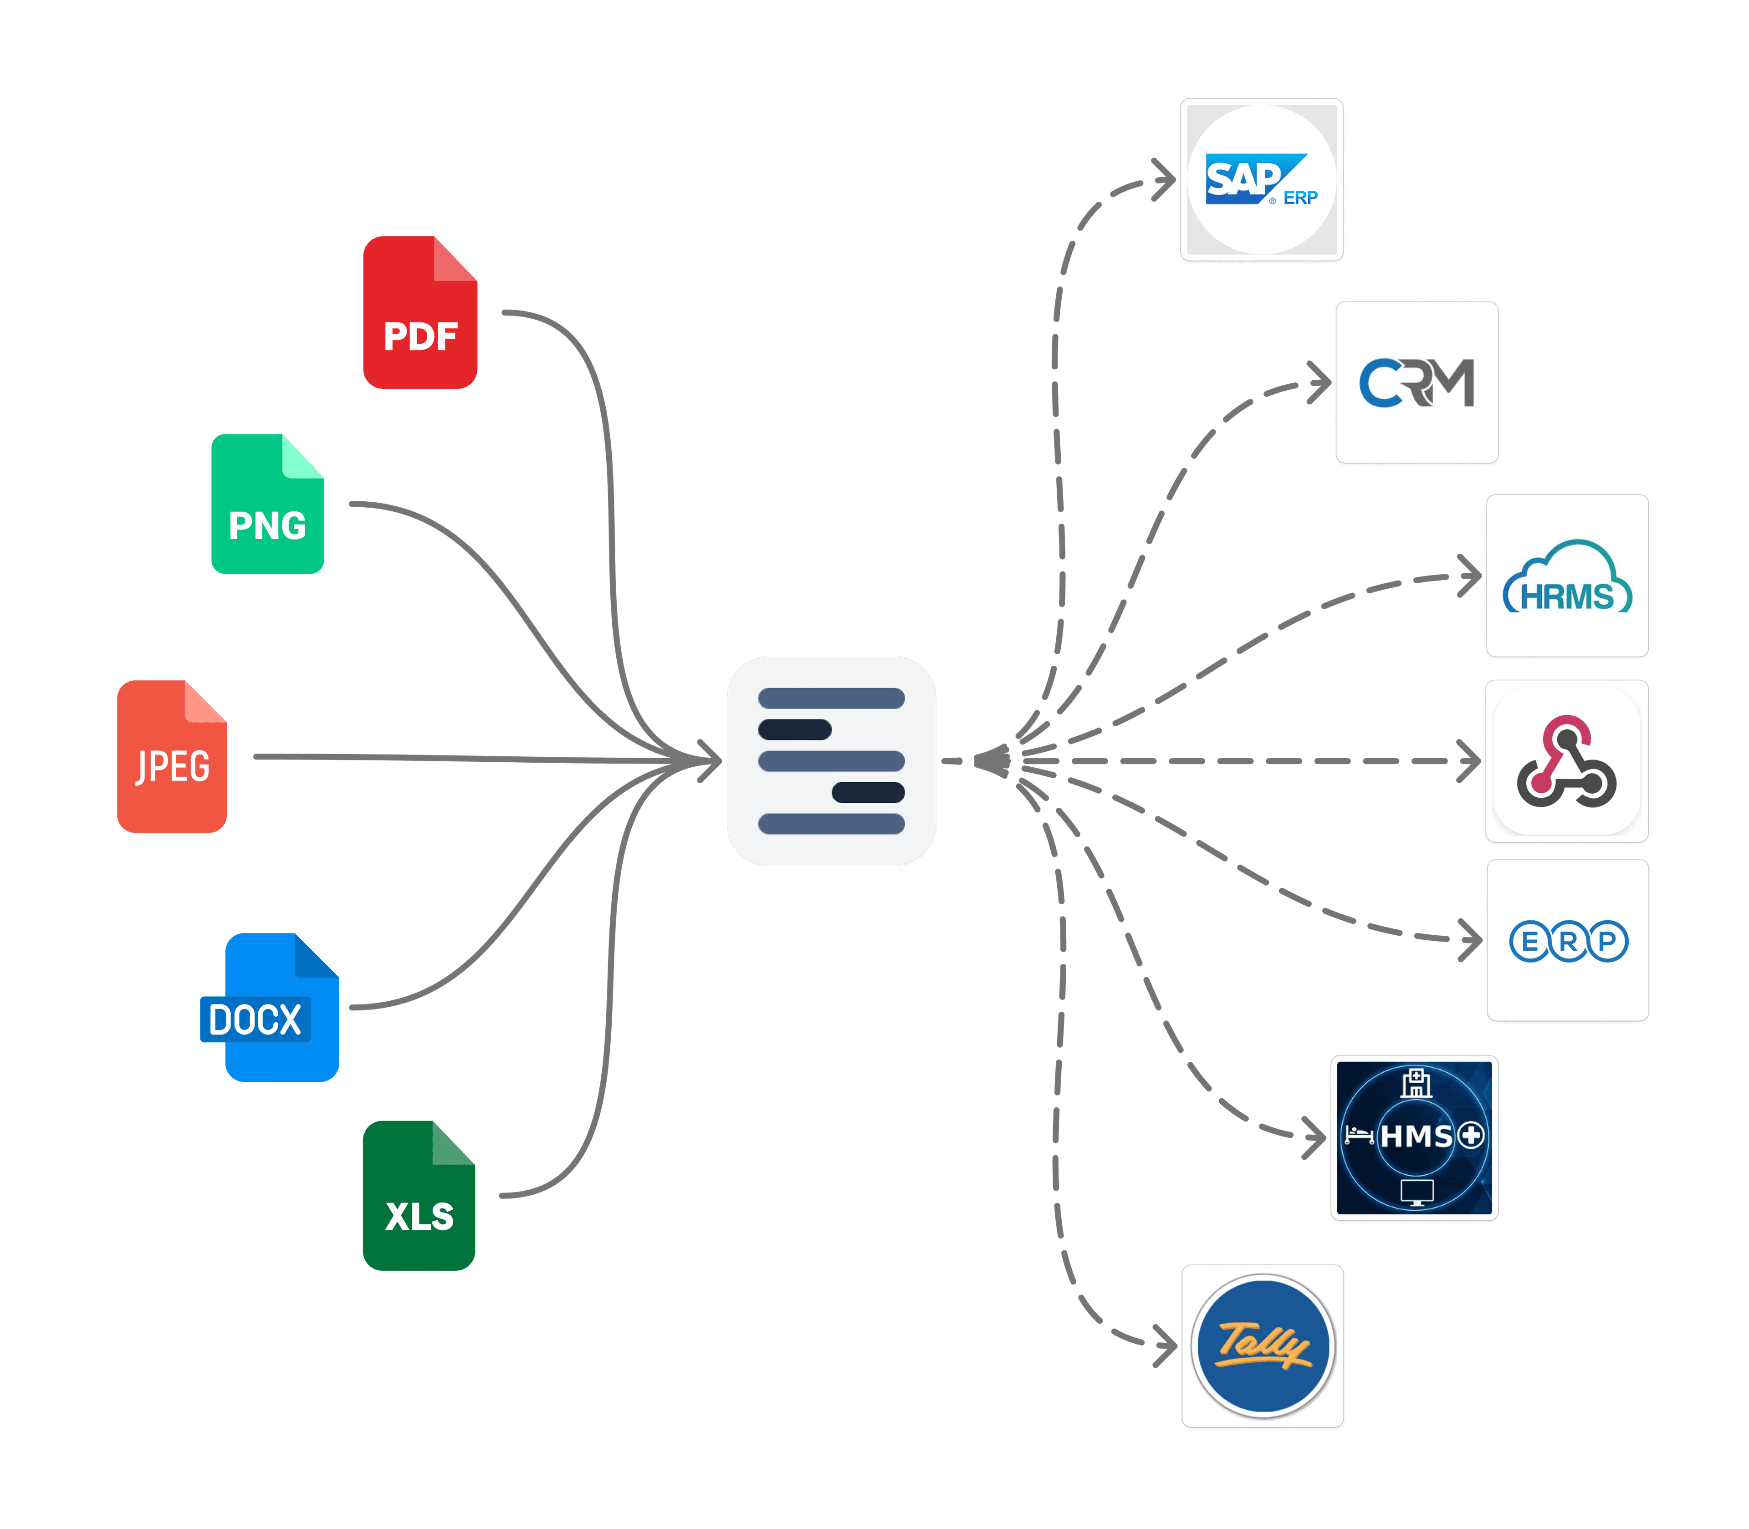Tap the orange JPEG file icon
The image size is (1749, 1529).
[x=172, y=757]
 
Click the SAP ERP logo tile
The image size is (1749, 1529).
[x=1262, y=180]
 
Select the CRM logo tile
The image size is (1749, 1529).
[x=1417, y=382]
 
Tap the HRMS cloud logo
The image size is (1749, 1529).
[x=1567, y=578]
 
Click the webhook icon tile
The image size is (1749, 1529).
[x=1567, y=761]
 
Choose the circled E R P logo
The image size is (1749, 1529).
[x=1568, y=941]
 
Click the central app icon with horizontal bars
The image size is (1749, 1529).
[x=831, y=761]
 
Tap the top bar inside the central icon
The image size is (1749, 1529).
[x=831, y=699]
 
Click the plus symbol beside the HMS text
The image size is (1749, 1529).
[x=1471, y=1136]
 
